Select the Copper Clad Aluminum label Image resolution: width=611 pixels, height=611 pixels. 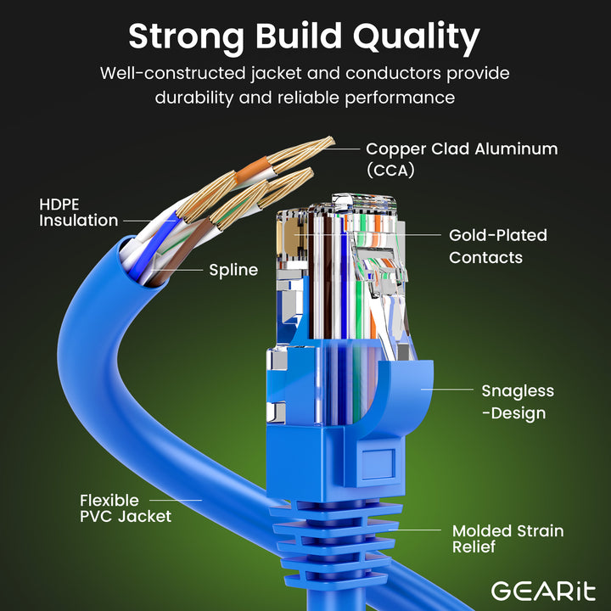pyautogui.click(x=462, y=149)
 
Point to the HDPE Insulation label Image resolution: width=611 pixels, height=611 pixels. pyautogui.click(x=78, y=213)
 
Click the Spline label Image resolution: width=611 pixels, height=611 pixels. pyautogui.click(x=233, y=271)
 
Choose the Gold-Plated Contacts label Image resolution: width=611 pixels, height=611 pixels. pyautogui.click(x=497, y=246)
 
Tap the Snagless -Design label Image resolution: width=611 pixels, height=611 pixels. pyautogui.click(x=517, y=402)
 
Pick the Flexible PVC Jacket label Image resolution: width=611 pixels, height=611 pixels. pyautogui.click(x=125, y=508)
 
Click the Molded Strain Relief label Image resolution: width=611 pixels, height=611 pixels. pyautogui.click(x=507, y=539)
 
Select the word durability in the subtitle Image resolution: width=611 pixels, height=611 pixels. pyautogui.click(x=193, y=98)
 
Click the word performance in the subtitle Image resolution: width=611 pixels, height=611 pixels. pyautogui.click(x=400, y=98)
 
